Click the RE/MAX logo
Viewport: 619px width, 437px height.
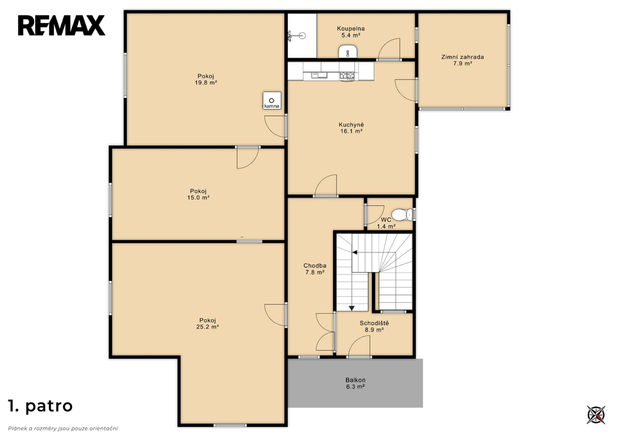coord(61,25)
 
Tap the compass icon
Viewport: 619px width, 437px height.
coord(595,415)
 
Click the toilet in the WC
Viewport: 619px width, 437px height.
coord(403,215)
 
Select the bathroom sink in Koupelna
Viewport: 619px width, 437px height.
coord(348,51)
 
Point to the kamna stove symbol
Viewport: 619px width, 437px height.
coord(272,101)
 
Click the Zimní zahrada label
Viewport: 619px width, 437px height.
coord(462,57)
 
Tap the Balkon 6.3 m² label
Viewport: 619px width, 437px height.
coord(355,383)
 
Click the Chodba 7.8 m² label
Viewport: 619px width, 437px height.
coord(314,269)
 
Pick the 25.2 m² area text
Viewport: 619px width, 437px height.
coord(208,327)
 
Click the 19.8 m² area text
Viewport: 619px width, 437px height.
coord(206,83)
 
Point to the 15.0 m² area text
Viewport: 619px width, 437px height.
coord(198,198)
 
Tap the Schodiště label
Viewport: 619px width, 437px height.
coord(374,323)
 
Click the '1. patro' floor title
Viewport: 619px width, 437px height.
coord(41,406)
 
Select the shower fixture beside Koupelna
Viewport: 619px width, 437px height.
coord(297,36)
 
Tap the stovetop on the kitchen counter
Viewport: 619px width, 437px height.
coord(346,75)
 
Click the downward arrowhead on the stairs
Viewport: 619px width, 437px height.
coord(352,308)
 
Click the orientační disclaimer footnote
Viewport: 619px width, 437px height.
coord(63,429)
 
